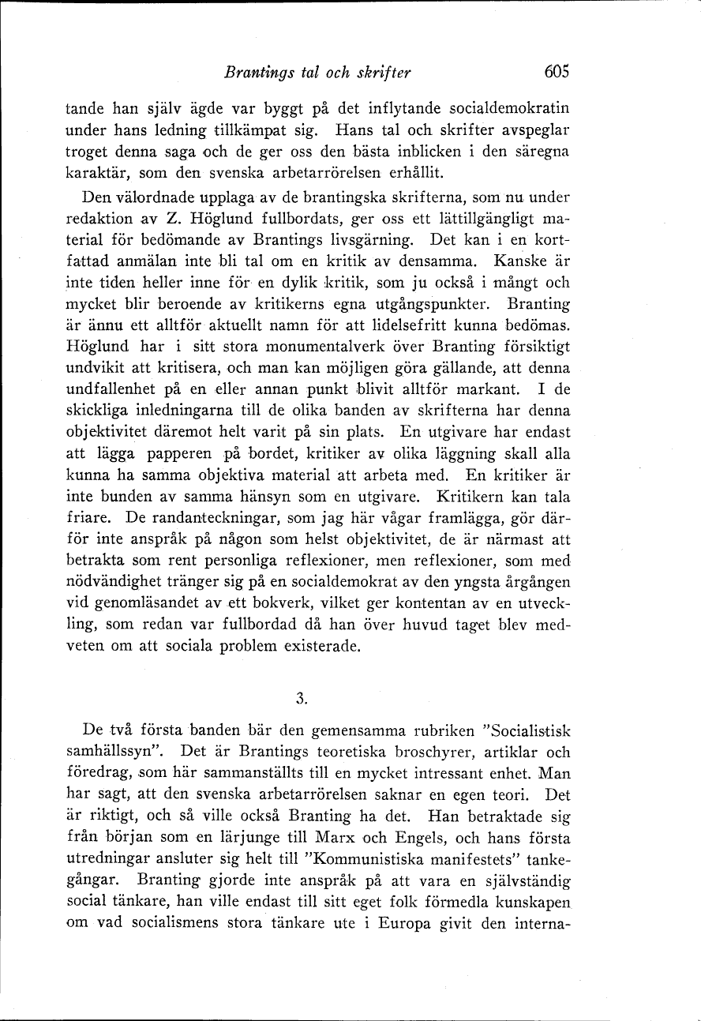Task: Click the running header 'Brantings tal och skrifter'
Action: click(318, 73)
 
